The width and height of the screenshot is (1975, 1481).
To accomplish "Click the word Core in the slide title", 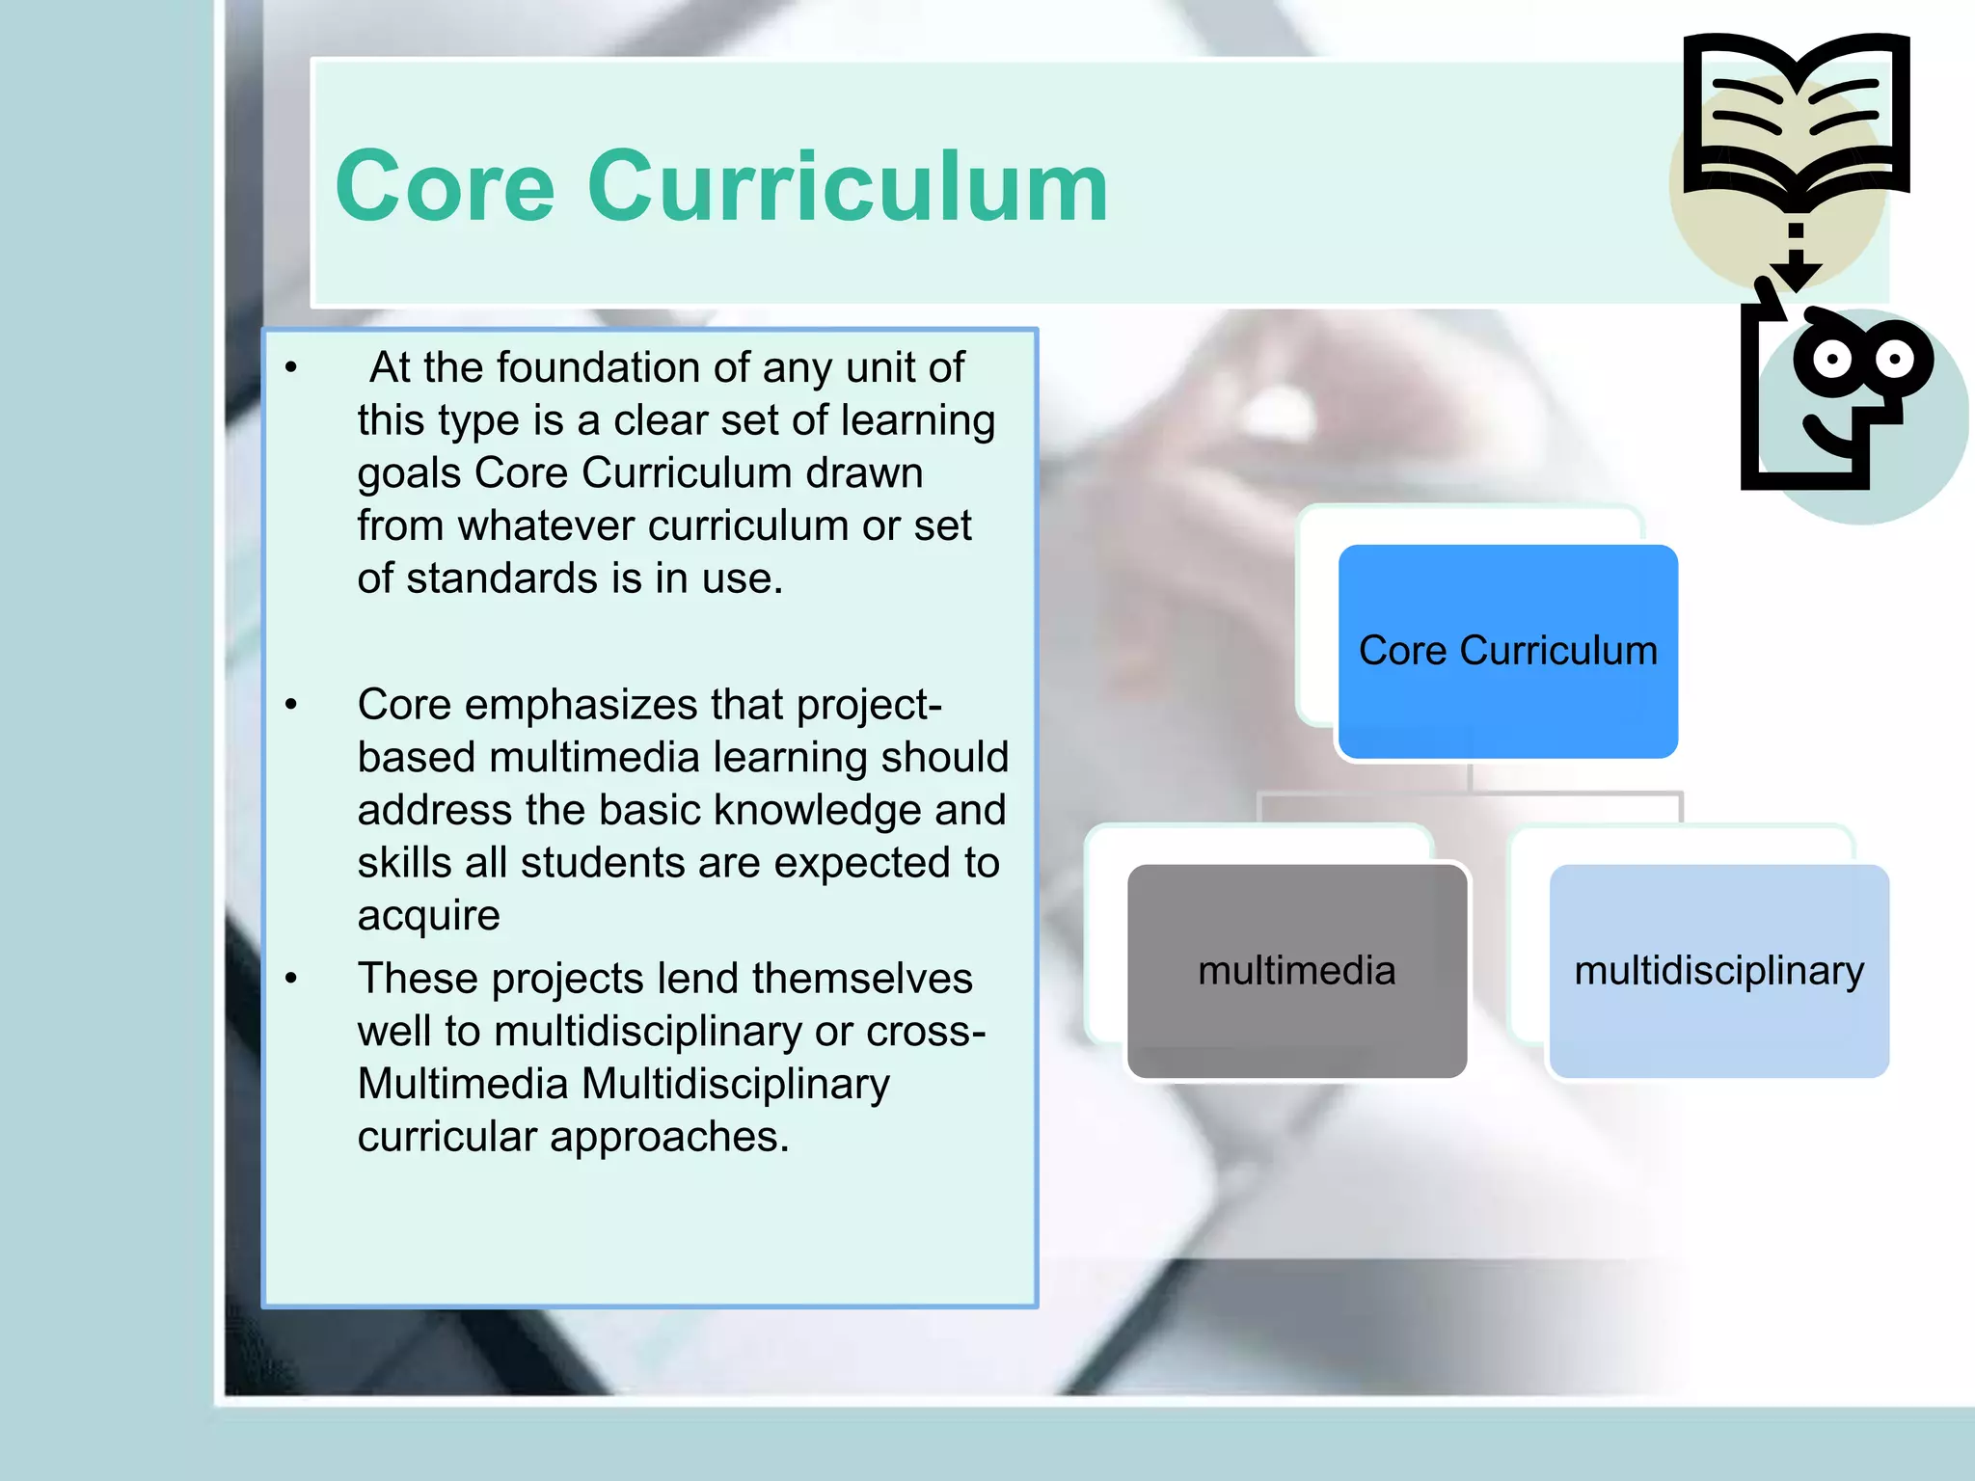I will click(445, 187).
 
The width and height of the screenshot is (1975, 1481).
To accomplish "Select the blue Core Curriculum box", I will click(1507, 652).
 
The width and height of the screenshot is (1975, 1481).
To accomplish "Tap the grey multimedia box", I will click(1296, 971).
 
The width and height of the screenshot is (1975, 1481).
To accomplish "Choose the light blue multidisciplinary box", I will click(1718, 971).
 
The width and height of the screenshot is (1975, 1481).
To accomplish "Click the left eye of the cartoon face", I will click(1831, 361).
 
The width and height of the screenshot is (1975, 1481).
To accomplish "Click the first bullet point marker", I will click(291, 367).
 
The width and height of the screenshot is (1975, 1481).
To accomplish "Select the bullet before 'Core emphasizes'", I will click(291, 705).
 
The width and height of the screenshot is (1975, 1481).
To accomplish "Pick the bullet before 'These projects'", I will click(291, 979).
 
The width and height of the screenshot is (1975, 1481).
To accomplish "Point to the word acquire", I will click(428, 916).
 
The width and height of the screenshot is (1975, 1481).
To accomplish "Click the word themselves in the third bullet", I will click(862, 979).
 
